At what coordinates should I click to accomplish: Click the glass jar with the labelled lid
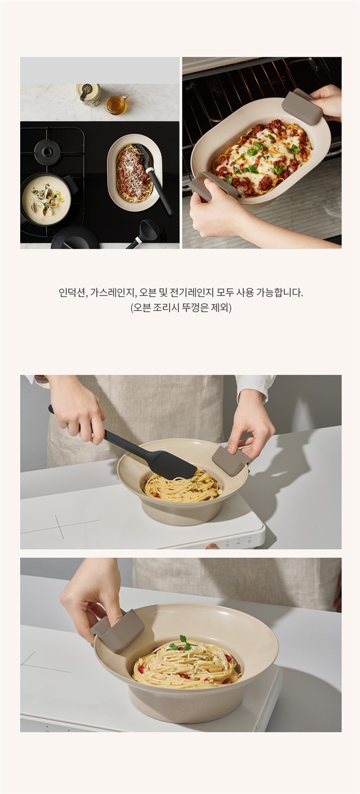point(89,94)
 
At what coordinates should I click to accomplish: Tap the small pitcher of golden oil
point(116,104)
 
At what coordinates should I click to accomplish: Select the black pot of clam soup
point(48,199)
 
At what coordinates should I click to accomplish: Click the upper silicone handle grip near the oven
point(302,107)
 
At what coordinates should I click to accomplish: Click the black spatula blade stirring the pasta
point(174,464)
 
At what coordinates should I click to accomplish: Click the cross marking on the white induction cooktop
point(60,526)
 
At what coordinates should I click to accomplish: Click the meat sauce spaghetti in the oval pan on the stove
point(135,173)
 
